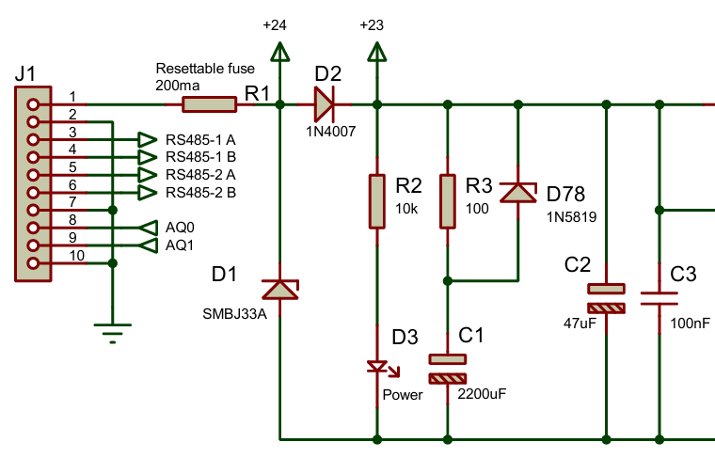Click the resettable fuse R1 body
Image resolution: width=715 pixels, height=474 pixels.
point(208,104)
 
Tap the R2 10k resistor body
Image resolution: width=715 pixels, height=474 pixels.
point(376,200)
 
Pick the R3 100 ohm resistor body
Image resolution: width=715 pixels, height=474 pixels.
point(448,200)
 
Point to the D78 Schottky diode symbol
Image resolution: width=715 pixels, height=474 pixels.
point(516,193)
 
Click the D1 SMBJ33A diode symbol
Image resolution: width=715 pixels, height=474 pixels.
point(279,289)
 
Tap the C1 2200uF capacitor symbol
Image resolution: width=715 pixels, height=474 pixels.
point(448,368)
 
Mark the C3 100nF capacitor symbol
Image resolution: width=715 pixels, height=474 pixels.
point(659,298)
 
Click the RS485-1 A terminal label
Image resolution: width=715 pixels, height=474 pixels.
point(200,139)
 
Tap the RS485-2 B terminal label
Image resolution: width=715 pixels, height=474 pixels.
point(200,193)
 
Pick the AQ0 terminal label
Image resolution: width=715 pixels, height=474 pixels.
point(180,228)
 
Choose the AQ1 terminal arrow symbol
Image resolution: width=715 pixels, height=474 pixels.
point(147,245)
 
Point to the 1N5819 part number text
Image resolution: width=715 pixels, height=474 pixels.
point(574,215)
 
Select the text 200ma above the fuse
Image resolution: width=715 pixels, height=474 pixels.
point(174,85)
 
